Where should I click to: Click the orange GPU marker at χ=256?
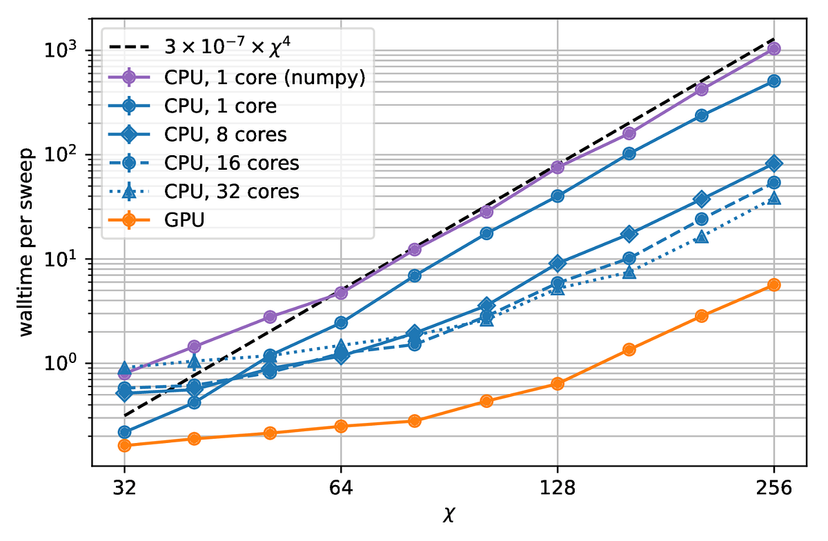[773, 285]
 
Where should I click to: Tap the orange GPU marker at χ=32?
[124, 445]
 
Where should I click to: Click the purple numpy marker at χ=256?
[773, 48]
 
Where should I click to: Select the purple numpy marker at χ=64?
[340, 293]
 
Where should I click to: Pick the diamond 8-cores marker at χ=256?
[773, 164]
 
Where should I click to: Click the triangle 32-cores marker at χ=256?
[773, 198]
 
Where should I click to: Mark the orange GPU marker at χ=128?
[557, 384]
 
